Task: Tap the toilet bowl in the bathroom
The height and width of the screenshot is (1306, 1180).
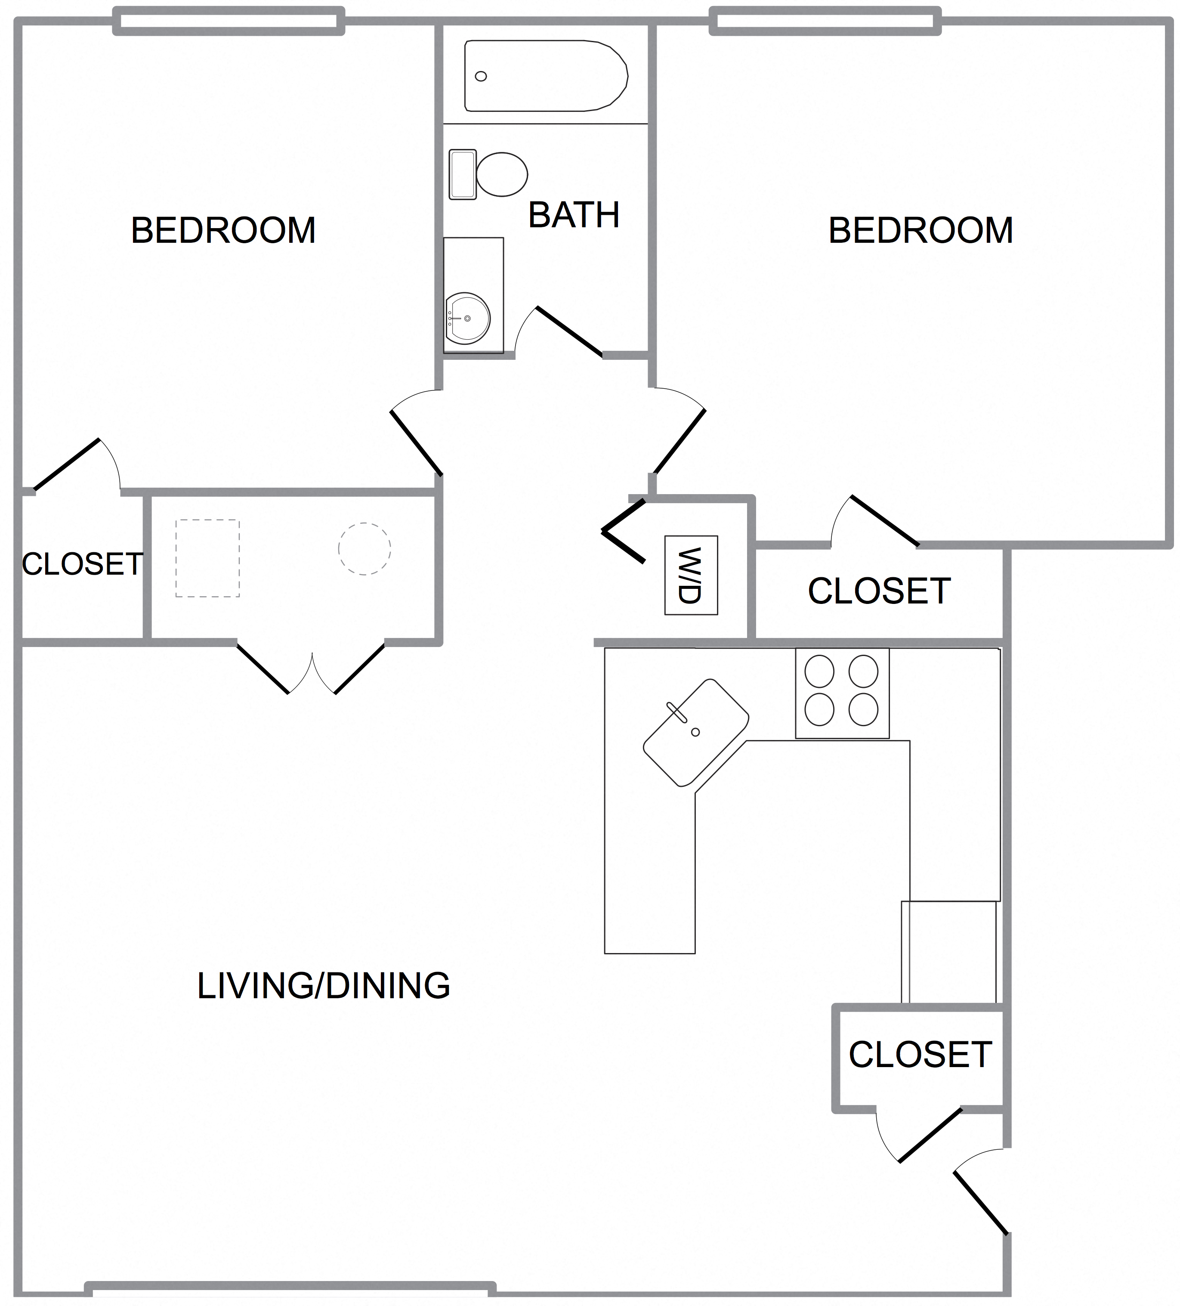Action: (x=501, y=174)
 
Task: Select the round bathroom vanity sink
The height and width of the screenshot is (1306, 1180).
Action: (x=468, y=318)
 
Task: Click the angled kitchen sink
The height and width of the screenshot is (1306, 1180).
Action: (x=696, y=732)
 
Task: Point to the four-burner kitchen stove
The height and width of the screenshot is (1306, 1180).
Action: (x=842, y=693)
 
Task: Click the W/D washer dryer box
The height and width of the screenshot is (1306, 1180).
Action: (x=691, y=575)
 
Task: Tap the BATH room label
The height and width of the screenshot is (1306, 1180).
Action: (x=574, y=215)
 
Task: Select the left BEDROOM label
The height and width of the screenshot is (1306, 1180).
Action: (x=223, y=231)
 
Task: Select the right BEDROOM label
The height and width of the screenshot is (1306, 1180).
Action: (x=921, y=231)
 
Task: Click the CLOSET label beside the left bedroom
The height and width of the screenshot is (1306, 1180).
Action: (x=82, y=564)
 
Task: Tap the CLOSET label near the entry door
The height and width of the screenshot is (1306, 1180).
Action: (x=920, y=1055)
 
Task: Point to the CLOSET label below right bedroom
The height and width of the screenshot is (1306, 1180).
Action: (x=879, y=591)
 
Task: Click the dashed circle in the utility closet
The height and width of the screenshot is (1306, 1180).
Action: (x=364, y=549)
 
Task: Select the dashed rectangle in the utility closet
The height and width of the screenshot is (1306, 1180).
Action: (x=207, y=558)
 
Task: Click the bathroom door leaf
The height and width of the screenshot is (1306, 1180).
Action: (x=570, y=331)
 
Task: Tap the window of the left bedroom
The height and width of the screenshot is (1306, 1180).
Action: (x=229, y=21)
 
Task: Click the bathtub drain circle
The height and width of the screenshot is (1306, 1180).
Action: (x=481, y=77)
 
